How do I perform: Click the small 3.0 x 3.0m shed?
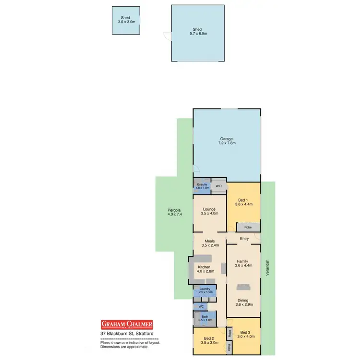(126, 20)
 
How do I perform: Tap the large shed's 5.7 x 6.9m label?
(198, 32)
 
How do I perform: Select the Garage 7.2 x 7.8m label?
(227, 141)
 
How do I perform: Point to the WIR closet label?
(218, 186)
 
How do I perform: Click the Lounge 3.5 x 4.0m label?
(209, 212)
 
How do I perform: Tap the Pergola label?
(168, 212)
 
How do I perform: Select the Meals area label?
(209, 243)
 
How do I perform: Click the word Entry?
(244, 239)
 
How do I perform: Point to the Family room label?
(243, 264)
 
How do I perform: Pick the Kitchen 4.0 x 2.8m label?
(205, 269)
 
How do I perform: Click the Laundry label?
(205, 290)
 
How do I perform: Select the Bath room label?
(204, 318)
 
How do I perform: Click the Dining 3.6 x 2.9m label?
(243, 302)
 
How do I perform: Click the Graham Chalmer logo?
(126, 324)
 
